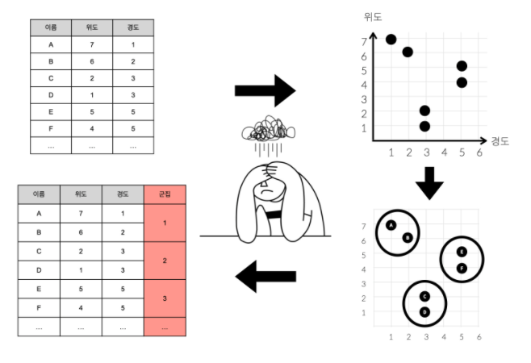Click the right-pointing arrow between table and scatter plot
(x=265, y=91)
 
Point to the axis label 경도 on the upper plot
(x=500, y=140)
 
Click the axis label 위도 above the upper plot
(x=373, y=16)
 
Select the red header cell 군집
(x=165, y=194)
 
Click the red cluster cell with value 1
(x=165, y=222)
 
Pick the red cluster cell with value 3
(x=165, y=298)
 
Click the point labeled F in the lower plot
(x=462, y=268)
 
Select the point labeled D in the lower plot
(x=424, y=311)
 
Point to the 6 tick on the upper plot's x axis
(x=479, y=153)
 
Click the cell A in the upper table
(x=51, y=44)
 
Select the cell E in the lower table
(x=40, y=290)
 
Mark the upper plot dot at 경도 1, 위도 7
(x=391, y=39)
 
